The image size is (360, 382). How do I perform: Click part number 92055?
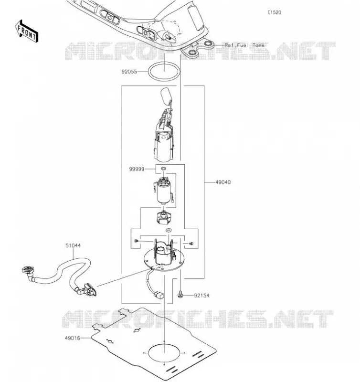129,72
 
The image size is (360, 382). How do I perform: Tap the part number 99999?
137,169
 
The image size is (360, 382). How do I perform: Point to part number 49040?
223,182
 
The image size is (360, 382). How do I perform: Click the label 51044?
73,245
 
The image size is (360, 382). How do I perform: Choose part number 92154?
201,296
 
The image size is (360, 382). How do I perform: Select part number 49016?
73,338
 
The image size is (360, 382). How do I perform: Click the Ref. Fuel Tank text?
244,45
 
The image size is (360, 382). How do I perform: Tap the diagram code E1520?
274,12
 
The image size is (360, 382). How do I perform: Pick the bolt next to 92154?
180,294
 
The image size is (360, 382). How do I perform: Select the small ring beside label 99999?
163,169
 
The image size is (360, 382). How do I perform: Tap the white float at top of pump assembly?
166,95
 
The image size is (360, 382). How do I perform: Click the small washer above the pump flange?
169,230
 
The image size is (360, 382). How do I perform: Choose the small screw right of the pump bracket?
191,244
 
